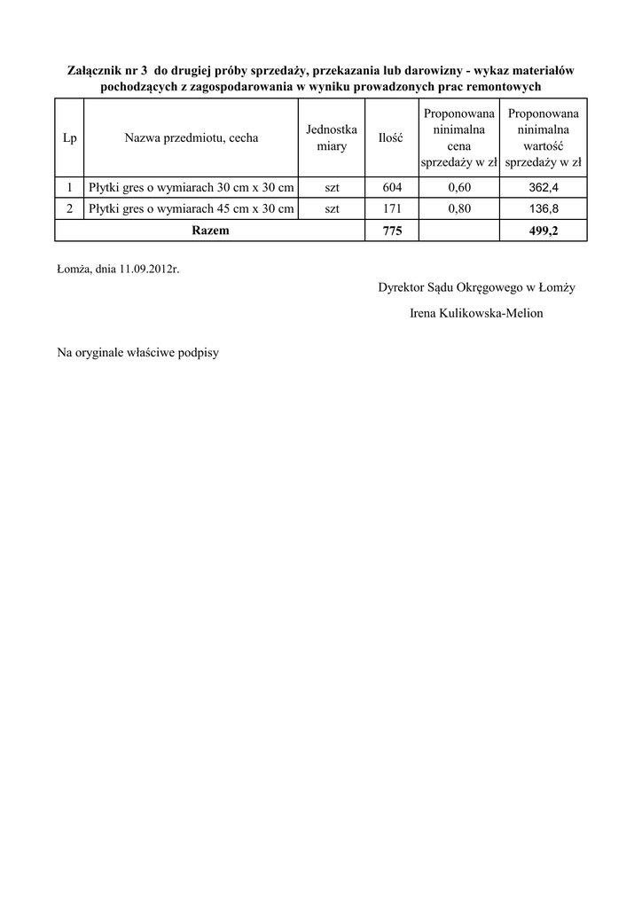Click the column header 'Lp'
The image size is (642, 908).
tap(70, 138)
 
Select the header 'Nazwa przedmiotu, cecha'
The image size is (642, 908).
tap(192, 138)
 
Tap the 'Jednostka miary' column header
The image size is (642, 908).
tap(332, 138)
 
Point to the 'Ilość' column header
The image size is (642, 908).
tap(391, 138)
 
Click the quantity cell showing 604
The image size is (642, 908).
tap(391, 187)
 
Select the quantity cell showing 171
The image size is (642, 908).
tap(391, 209)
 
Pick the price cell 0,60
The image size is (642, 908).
tap(458, 187)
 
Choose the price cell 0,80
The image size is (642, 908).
tap(458, 209)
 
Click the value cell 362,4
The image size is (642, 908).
tap(544, 187)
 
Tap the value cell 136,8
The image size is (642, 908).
tap(544, 209)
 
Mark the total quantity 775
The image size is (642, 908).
tap(391, 231)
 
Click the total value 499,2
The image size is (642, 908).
tap(544, 231)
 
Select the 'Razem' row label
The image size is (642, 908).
tap(210, 231)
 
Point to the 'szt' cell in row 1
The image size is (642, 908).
tap(332, 187)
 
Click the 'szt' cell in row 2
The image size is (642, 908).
tap(332, 209)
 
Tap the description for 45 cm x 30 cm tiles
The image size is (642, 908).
tap(192, 209)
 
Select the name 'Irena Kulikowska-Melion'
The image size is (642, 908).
tap(477, 313)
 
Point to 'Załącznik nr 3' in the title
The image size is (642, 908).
tap(106, 70)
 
